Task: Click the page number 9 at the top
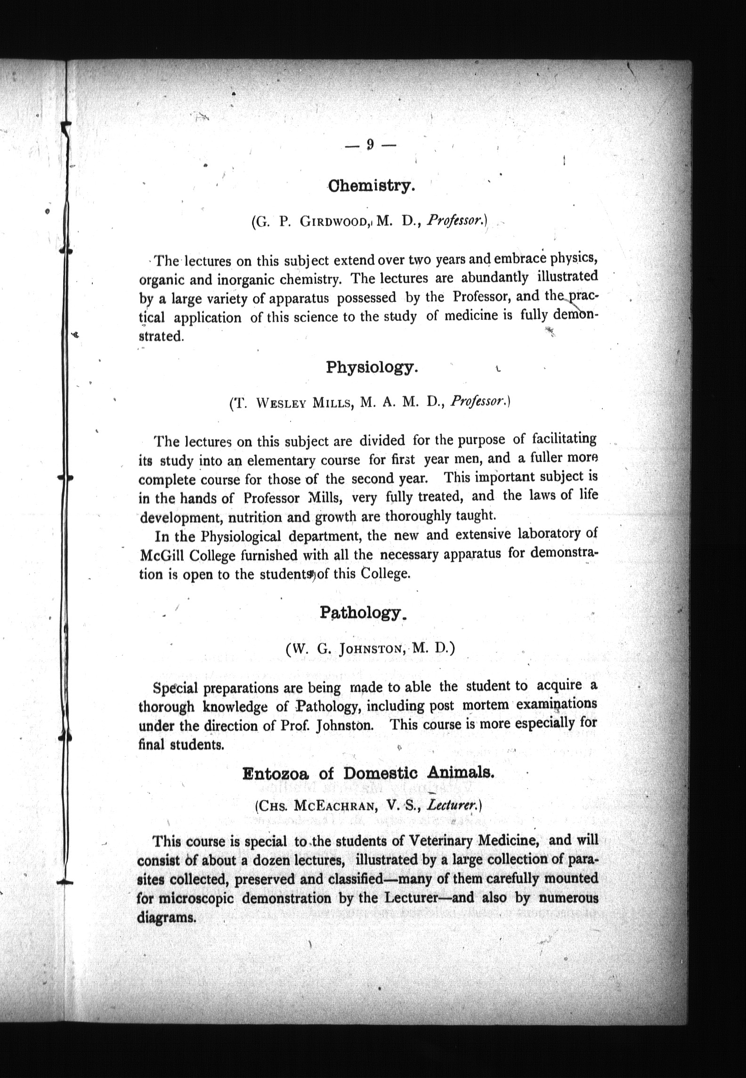(x=370, y=145)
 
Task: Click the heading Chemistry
(x=371, y=186)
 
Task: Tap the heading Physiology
(x=372, y=367)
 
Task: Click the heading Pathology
(x=362, y=612)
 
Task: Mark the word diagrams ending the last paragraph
(x=166, y=918)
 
